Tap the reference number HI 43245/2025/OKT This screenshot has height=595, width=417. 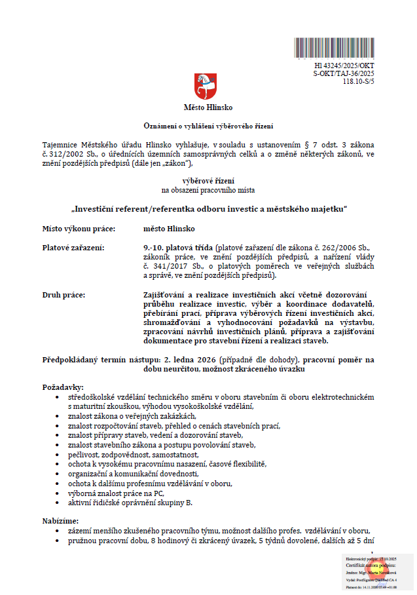tap(344, 66)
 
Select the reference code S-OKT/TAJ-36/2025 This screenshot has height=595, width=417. tap(344, 74)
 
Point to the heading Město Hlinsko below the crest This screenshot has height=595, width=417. tap(208, 107)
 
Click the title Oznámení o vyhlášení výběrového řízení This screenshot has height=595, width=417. tap(208, 125)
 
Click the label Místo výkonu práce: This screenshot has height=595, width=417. tap(79, 229)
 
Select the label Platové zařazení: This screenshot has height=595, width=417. tap(73, 248)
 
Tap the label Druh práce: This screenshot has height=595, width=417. tap(63, 295)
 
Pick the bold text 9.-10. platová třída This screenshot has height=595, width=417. tap(178, 248)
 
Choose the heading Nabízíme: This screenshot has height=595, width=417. tap(60, 520)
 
